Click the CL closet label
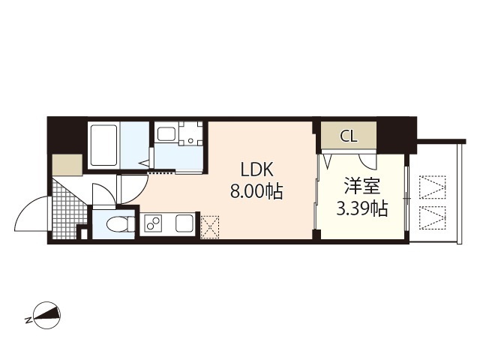point(349,136)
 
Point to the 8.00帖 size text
point(256,191)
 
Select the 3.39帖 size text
point(361,208)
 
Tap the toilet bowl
point(117,223)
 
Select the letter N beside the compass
point(28,320)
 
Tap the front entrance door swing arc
point(31,214)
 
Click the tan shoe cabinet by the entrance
point(67,164)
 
